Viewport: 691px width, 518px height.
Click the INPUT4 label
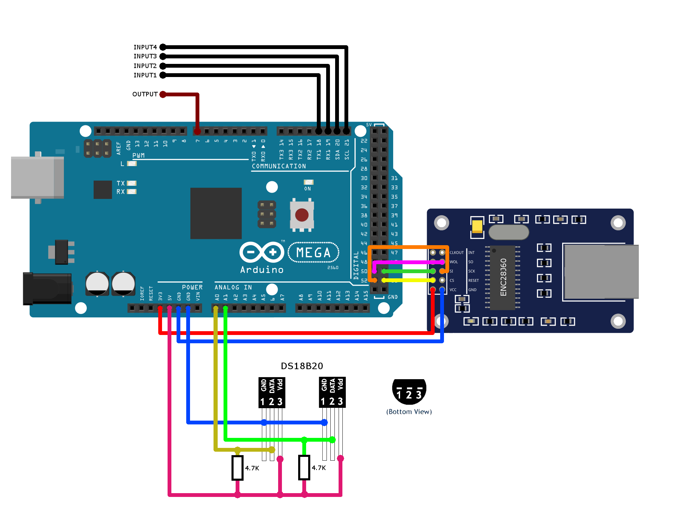click(145, 47)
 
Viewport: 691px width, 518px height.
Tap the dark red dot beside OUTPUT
click(163, 94)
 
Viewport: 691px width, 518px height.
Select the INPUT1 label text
click(145, 75)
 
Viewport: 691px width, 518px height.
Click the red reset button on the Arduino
click(302, 215)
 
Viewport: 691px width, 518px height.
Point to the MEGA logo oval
click(313, 252)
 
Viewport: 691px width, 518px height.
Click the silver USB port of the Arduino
click(37, 178)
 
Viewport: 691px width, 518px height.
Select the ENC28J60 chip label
click(503, 277)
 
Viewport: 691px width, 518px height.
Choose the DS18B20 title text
click(302, 366)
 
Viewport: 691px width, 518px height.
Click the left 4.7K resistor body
click(237, 468)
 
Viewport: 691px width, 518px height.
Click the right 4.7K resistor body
click(304, 468)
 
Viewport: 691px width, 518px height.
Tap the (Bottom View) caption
click(409, 412)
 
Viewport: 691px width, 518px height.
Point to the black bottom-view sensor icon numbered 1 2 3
click(409, 391)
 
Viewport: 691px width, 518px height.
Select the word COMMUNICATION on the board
click(279, 166)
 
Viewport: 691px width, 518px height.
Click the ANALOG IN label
click(233, 287)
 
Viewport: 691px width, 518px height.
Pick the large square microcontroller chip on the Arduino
click(216, 213)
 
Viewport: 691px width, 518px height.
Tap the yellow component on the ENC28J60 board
click(477, 226)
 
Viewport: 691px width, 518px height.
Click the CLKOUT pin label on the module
click(456, 252)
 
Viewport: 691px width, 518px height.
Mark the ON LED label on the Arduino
click(307, 189)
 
